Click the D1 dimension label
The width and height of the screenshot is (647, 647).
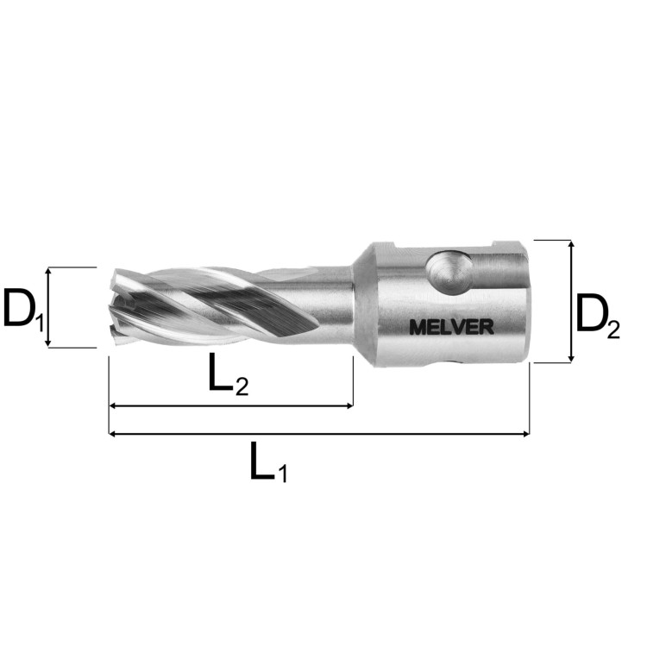click(x=23, y=308)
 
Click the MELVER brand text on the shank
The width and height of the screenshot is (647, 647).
click(x=451, y=327)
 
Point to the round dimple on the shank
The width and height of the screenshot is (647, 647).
click(x=449, y=273)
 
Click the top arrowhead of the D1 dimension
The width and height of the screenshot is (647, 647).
click(x=48, y=271)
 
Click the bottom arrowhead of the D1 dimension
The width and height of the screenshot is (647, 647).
click(x=48, y=343)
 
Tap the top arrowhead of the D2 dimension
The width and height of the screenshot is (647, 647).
click(x=571, y=244)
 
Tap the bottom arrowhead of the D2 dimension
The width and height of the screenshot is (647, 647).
click(x=571, y=359)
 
